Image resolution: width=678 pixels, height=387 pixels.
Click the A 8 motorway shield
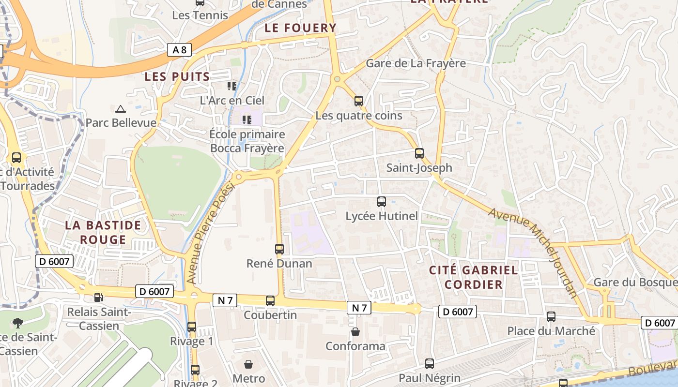[179, 49]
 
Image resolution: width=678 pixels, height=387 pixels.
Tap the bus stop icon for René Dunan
[279, 249]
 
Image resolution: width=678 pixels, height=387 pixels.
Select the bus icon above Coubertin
[270, 300]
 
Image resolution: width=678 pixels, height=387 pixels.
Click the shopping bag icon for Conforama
[355, 332]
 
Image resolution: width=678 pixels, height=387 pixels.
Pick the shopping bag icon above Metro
[248, 364]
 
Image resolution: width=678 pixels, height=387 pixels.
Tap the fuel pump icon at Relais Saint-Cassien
[98, 298]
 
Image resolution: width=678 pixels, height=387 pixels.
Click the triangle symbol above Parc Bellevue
[121, 109]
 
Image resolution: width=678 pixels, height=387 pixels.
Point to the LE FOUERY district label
[300, 28]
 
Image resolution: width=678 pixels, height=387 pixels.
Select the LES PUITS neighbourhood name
[177, 76]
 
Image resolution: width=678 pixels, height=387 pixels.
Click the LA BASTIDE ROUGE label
[103, 232]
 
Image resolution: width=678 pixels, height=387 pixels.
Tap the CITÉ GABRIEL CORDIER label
[474, 277]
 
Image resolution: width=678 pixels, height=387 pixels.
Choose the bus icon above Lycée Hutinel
[382, 202]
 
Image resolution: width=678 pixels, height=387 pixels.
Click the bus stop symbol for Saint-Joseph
[419, 153]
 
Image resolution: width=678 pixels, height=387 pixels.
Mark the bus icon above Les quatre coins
[359, 101]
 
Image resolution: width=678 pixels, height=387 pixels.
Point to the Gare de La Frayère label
[416, 63]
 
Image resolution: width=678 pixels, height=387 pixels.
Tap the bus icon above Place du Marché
[551, 317]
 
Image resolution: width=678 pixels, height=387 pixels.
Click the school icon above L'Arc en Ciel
[232, 86]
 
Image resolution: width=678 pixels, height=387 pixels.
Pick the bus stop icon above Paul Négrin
[430, 364]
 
